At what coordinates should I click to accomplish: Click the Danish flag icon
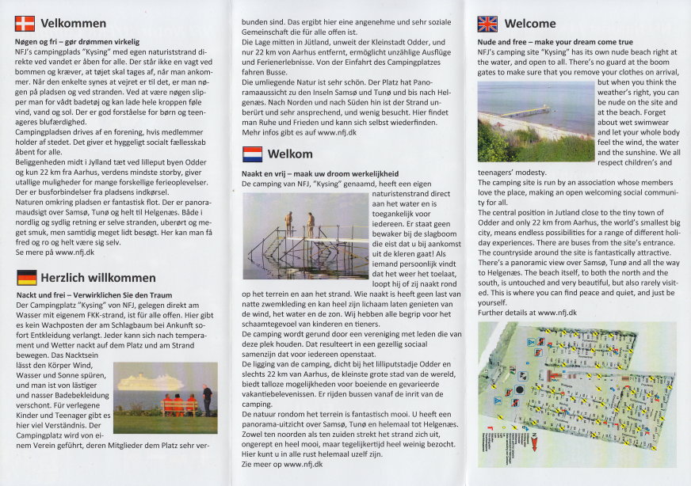coord(25,24)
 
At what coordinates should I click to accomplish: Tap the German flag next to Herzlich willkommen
coord(27,277)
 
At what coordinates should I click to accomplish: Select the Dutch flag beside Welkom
coord(252,154)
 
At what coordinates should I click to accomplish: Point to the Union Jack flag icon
coord(487,24)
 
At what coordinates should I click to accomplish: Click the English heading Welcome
coord(530,24)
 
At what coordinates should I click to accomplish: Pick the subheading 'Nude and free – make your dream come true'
coord(555,41)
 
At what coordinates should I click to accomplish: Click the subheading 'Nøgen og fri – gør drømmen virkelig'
coord(77,41)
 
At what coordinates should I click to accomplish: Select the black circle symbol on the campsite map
coord(519,389)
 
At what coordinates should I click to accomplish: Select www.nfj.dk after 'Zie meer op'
coord(297,465)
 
